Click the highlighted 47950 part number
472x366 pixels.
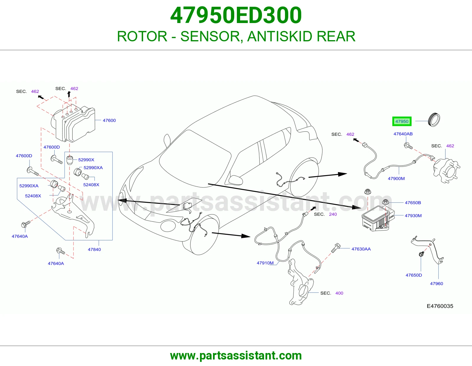coord(401,121)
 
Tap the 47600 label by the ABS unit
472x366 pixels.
coord(109,120)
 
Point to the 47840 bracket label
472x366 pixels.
coord(94,249)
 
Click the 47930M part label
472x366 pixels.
coord(413,215)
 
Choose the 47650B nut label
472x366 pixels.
coord(413,202)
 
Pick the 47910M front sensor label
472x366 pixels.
coord(265,263)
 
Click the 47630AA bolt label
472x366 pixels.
coord(361,249)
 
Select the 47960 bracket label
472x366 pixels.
coord(436,284)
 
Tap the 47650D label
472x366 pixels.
coord(414,275)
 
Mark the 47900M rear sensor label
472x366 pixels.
coord(396,179)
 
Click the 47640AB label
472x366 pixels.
coord(403,134)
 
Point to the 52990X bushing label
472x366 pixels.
coord(86,160)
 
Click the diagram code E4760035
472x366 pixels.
coord(440,306)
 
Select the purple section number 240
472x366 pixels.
coord(333,214)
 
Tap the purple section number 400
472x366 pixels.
coord(339,293)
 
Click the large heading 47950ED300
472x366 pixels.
coord(236,15)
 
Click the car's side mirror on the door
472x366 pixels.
coord(236,180)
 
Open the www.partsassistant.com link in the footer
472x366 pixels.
coord(236,356)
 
